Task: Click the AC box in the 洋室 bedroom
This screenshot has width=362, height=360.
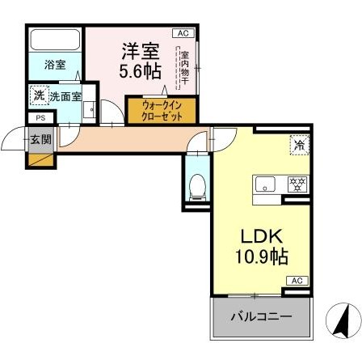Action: tap(183, 33)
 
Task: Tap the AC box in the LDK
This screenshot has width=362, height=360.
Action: tap(297, 281)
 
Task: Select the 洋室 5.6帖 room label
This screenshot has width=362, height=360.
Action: tap(141, 61)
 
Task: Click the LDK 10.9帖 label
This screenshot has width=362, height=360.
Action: tap(262, 246)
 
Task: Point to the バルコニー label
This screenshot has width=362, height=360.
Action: tap(261, 316)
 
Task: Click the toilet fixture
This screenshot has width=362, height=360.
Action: tap(197, 188)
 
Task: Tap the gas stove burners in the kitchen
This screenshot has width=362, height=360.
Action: tap(297, 184)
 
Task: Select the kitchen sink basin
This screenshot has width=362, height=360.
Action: tap(265, 184)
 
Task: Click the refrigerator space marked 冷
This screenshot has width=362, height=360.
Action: tap(300, 145)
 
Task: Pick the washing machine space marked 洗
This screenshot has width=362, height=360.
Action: tap(40, 95)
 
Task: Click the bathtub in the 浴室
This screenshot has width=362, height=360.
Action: tap(56, 40)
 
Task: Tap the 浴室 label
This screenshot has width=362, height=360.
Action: tap(55, 65)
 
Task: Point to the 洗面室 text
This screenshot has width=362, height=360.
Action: tap(65, 96)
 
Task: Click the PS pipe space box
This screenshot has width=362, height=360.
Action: tap(41, 118)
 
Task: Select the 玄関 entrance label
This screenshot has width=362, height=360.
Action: tap(40, 140)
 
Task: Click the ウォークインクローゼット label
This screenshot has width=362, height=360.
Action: tap(162, 111)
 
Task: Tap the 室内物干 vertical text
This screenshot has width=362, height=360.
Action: tap(185, 68)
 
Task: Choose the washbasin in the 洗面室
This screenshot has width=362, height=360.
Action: tap(89, 110)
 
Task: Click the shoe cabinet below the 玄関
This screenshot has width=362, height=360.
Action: tap(41, 160)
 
